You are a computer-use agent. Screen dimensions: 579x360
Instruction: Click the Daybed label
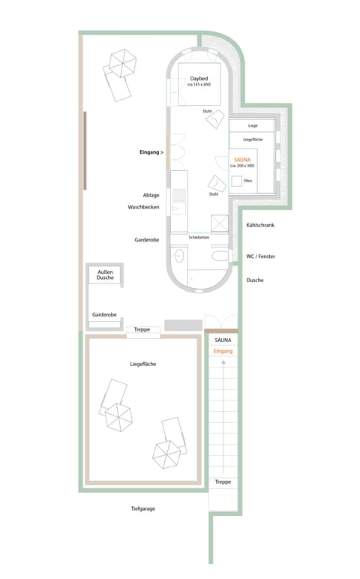(199, 78)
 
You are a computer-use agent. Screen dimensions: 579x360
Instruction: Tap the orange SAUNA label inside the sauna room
(243, 159)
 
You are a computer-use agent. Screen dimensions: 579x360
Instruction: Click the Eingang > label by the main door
(151, 152)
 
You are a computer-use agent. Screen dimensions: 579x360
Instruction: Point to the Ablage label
(151, 195)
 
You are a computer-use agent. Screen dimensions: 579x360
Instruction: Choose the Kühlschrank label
(260, 225)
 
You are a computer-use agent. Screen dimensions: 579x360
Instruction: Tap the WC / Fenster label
(260, 256)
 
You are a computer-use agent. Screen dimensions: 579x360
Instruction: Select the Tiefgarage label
(142, 508)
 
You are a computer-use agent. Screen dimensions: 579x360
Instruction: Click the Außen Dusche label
(105, 274)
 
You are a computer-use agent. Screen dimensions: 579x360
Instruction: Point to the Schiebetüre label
(199, 237)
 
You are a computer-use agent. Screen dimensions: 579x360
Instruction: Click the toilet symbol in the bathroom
(220, 257)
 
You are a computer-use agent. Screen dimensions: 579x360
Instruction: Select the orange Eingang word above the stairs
(223, 351)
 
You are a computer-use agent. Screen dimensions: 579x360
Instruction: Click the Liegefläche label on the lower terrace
(142, 364)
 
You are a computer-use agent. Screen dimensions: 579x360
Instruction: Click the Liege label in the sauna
(253, 125)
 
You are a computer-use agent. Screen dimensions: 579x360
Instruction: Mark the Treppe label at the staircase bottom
(223, 481)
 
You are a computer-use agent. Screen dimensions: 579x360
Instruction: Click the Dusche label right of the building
(255, 280)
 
